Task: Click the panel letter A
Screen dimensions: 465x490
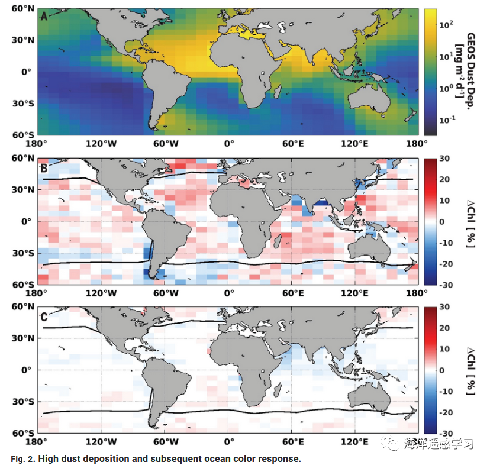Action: pyautogui.click(x=43, y=17)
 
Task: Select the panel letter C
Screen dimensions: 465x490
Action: pyautogui.click(x=43, y=315)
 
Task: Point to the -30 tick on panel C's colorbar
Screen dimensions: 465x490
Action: pyautogui.click(x=446, y=433)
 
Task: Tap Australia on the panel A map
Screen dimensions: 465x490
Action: pyautogui.click(x=370, y=99)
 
